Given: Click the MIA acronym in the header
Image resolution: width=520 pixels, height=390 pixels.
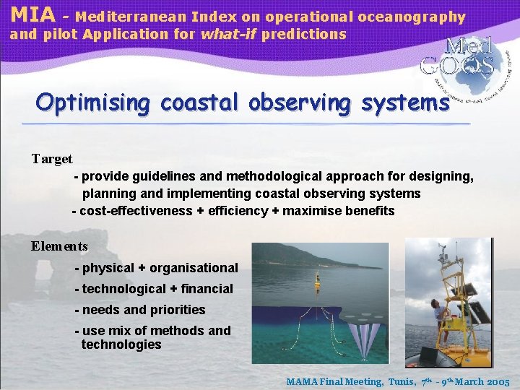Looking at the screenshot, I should pyautogui.click(x=32, y=14).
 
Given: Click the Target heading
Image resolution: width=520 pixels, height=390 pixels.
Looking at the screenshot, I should pyautogui.click(x=52, y=158).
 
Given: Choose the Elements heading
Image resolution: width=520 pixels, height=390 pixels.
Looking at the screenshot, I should pyautogui.click(x=59, y=246).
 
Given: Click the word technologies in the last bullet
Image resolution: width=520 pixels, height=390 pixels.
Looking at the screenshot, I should pyautogui.click(x=121, y=344).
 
